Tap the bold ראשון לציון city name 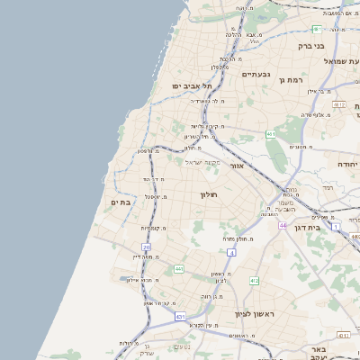click(254, 313)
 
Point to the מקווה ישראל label click(202, 162)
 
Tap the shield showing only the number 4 click(231, 253)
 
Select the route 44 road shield click(282, 225)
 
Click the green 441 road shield click(179, 268)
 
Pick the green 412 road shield click(254, 281)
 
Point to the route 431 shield click(181, 317)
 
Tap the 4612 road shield click(338, 105)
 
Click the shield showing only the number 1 click(337, 227)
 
